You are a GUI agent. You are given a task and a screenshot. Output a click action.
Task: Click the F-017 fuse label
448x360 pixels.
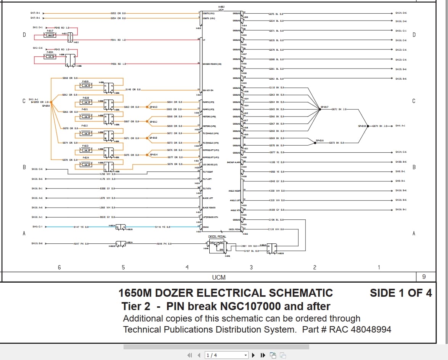click(x=50, y=30)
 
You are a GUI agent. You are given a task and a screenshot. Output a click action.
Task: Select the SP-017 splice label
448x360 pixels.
click(x=324, y=107)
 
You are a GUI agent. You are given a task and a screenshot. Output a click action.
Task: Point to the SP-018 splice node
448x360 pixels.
click(x=368, y=126)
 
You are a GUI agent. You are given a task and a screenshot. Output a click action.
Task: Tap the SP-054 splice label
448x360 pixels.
click(x=46, y=106)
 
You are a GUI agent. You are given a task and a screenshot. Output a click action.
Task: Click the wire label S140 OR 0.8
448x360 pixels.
click(x=133, y=90)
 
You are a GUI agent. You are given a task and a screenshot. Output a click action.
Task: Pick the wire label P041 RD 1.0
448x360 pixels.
click(x=119, y=40)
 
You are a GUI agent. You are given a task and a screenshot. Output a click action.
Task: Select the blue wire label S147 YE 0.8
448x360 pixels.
click(x=81, y=227)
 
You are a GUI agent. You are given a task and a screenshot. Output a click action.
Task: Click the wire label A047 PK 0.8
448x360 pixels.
click(x=81, y=243)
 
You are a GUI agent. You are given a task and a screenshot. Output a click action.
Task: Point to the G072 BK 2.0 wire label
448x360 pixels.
click(x=339, y=109)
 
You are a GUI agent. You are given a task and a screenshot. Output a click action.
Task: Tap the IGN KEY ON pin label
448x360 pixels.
click(x=208, y=90)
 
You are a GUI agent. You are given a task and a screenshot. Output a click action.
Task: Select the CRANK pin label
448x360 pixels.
click(x=206, y=227)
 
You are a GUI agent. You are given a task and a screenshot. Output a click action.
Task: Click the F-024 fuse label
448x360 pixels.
click(x=86, y=158)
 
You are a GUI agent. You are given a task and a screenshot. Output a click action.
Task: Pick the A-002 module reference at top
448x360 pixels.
click(x=221, y=7)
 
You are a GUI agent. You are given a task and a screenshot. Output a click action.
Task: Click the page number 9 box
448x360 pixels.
click(x=424, y=277)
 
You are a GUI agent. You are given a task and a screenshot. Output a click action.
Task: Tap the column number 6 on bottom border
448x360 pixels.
click(x=59, y=267)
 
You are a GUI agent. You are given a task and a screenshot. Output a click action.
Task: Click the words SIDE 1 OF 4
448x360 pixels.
click(x=400, y=293)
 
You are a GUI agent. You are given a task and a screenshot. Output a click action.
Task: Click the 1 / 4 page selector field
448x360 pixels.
click(x=226, y=355)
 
